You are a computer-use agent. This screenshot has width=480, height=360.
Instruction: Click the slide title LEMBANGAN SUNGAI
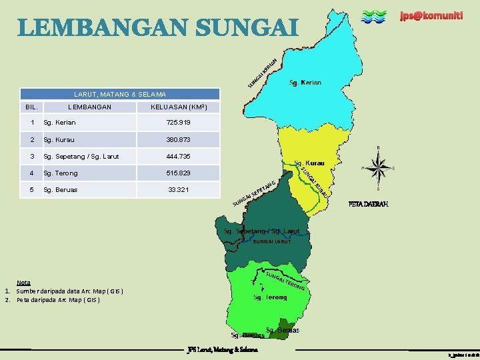click(157, 28)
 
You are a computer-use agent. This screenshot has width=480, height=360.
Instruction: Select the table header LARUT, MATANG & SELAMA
click(120, 95)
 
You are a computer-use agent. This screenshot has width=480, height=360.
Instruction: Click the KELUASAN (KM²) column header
click(179, 107)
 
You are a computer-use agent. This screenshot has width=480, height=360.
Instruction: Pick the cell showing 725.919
click(179, 123)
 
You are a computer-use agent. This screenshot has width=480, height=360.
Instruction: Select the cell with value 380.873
click(179, 140)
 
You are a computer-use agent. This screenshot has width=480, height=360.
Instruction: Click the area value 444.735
click(179, 157)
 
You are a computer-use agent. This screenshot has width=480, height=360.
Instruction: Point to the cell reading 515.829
click(179, 173)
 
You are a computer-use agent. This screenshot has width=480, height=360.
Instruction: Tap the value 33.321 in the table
click(179, 190)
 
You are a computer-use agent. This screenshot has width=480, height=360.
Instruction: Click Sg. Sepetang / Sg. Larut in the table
click(81, 157)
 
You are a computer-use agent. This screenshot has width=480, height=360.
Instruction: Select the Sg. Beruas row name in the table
click(60, 190)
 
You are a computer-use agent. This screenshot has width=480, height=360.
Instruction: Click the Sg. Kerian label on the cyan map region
click(305, 83)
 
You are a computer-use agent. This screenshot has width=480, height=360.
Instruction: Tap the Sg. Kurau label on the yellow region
click(310, 163)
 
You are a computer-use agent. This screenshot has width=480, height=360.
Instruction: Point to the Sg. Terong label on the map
click(270, 297)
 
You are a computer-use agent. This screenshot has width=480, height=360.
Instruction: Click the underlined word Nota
click(23, 283)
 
